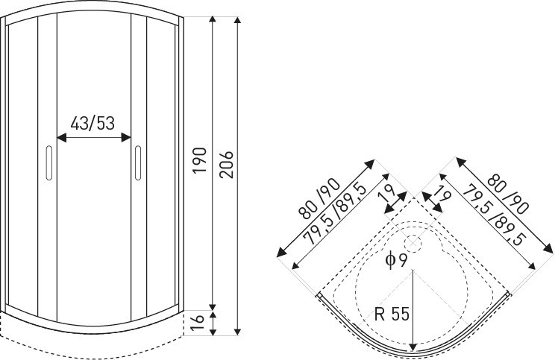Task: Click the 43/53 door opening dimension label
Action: coord(93,123)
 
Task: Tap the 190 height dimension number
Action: coord(198,160)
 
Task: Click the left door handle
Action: coord(49,162)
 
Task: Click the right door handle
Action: coord(139,162)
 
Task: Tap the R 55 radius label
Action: coord(392,314)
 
